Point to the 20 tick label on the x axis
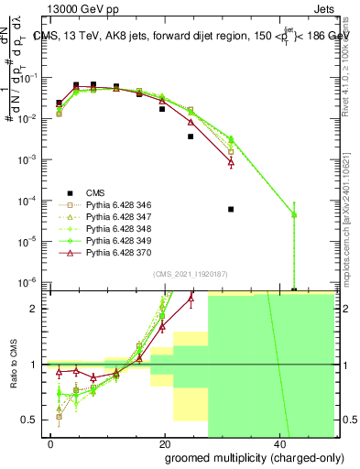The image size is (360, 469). (165, 444)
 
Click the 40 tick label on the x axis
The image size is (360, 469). (278, 444)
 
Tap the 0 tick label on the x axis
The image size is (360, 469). (51, 444)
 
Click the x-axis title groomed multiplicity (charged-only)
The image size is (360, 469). (250, 457)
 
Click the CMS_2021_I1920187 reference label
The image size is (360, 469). (190, 272)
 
